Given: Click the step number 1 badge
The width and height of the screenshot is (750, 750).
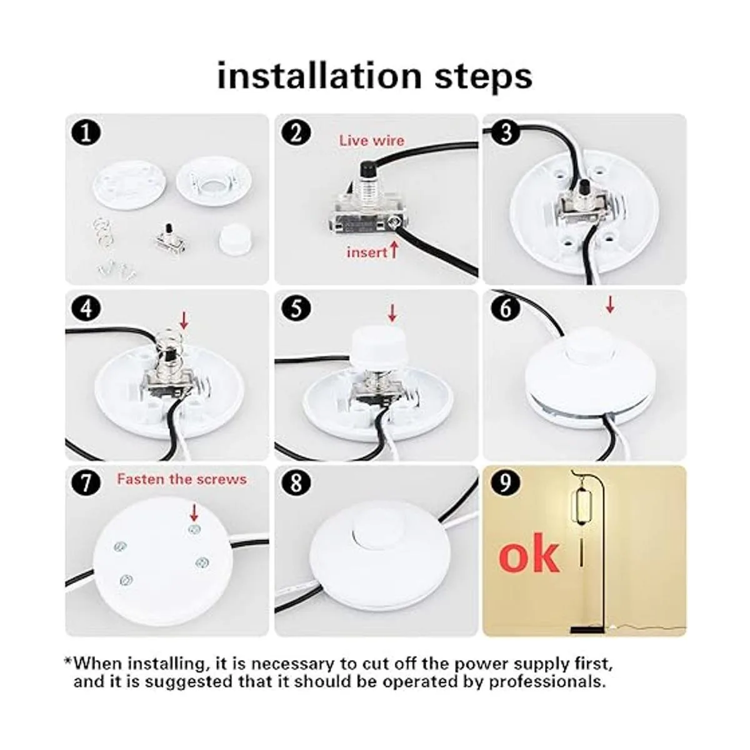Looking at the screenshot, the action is [86, 133].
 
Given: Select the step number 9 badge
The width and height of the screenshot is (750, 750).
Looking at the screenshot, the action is [505, 484].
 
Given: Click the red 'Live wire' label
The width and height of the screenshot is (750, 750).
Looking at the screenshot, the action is [372, 141].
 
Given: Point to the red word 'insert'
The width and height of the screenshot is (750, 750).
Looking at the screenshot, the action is [367, 252].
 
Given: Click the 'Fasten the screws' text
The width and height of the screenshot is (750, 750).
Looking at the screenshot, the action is [182, 479].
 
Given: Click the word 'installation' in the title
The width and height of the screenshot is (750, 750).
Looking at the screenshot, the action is [319, 76].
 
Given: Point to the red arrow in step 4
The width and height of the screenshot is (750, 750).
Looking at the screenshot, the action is [184, 321].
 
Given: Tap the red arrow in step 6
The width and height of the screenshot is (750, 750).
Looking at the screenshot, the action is [610, 304].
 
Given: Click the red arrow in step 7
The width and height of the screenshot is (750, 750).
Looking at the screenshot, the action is [194, 512].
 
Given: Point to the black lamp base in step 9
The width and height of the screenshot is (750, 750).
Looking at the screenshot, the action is [587, 629].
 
